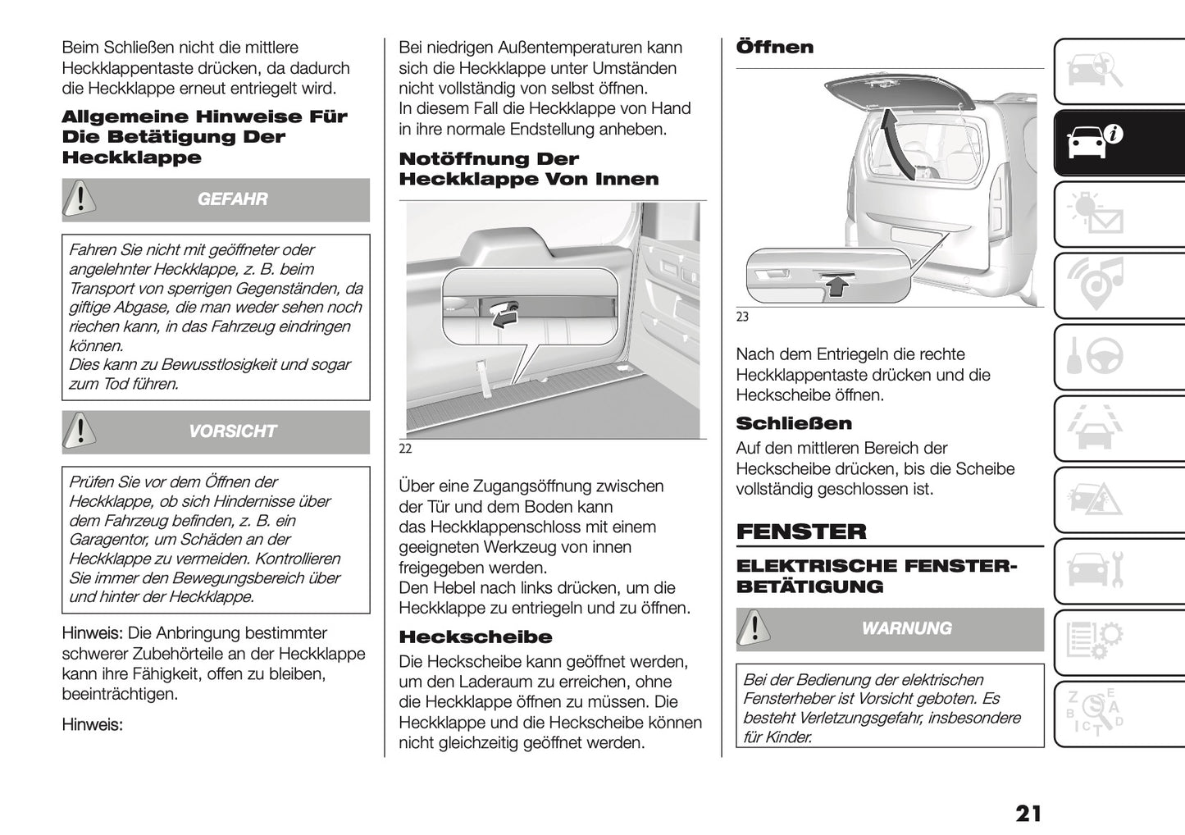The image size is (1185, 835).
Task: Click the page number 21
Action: pyautogui.click(x=1028, y=813)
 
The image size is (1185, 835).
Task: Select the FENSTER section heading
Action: pyautogui.click(x=800, y=532)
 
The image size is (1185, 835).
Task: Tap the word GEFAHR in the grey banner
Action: pyautogui.click(x=232, y=199)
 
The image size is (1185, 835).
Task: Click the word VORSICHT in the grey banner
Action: pyautogui.click(x=232, y=431)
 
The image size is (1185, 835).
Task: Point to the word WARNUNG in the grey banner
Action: pyautogui.click(x=906, y=628)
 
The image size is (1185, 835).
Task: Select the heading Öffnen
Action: pyautogui.click(x=774, y=48)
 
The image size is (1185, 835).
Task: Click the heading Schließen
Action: pyautogui.click(x=793, y=423)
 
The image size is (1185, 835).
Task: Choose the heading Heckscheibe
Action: pyautogui.click(x=475, y=637)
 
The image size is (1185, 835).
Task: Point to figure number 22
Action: pyautogui.click(x=405, y=449)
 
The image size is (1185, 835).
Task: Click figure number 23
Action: pyautogui.click(x=742, y=317)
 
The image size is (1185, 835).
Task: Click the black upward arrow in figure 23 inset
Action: pyautogui.click(x=836, y=285)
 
